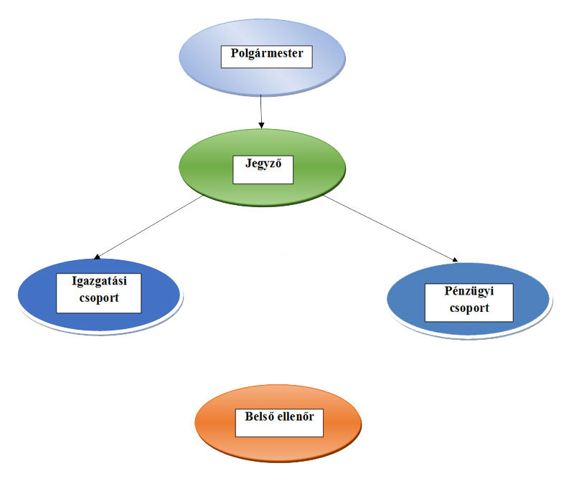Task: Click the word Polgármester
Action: tap(266, 53)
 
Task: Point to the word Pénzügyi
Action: tap(469, 292)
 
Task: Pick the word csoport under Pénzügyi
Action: tap(469, 309)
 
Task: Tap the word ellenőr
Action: tap(296, 416)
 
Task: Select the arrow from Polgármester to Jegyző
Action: tap(261, 112)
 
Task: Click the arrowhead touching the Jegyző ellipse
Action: tap(262, 125)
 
